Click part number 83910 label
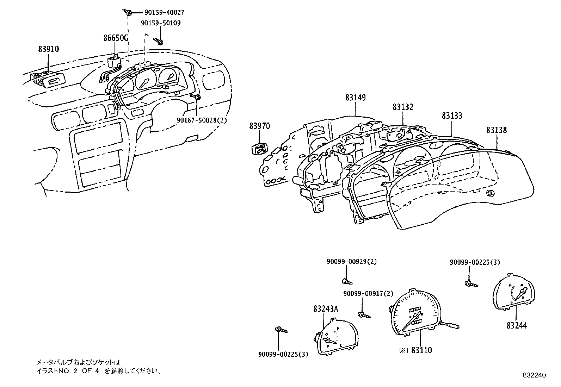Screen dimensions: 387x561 pos(49,49)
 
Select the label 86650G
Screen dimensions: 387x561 pos(116,38)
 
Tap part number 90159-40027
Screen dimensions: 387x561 pos(164,13)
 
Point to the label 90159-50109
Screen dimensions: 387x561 pos(161,23)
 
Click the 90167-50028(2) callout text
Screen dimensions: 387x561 pos(202,120)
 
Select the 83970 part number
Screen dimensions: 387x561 pos(260,126)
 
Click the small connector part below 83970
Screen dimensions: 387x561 pos(259,149)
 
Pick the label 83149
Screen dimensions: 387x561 pos(355,98)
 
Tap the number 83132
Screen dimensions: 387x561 pos(403,107)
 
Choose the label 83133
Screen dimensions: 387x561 pos(452,116)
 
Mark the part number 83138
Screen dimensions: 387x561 pos(497,130)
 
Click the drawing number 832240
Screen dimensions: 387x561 pos(534,375)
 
